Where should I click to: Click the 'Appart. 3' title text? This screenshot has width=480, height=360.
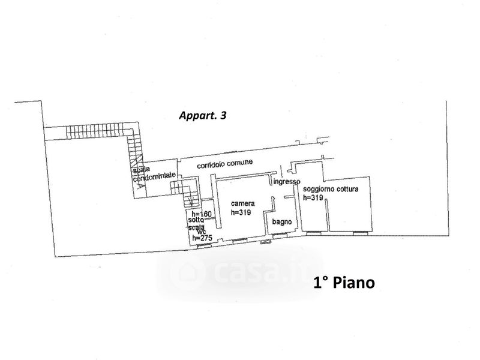click(x=203, y=115)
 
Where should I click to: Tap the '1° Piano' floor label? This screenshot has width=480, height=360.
click(x=344, y=283)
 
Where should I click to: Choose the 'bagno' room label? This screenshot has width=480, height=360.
click(x=282, y=222)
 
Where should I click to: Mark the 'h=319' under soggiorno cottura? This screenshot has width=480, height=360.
click(x=313, y=197)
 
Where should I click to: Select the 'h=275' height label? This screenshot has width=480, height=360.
click(x=202, y=238)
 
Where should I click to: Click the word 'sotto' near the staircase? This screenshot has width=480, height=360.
click(x=196, y=220)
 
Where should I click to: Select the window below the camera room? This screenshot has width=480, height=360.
click(x=239, y=241)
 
